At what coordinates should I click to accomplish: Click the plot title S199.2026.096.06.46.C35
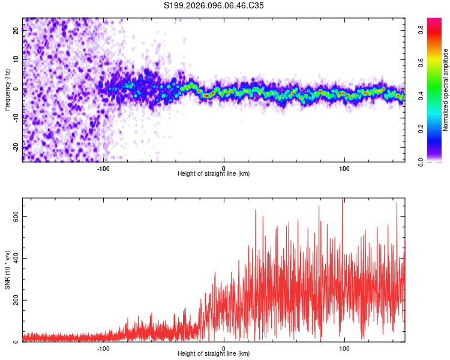click(214, 5)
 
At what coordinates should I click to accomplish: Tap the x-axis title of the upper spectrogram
click(214, 173)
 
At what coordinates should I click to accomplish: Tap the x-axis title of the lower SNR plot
click(214, 353)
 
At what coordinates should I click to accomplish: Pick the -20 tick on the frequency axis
click(15, 147)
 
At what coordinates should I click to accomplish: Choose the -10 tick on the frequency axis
click(15, 118)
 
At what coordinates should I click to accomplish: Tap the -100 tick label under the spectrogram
click(103, 167)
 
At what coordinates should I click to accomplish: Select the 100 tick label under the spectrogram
click(344, 167)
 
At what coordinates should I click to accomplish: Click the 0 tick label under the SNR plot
click(224, 347)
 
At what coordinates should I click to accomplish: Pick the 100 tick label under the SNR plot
click(344, 347)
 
